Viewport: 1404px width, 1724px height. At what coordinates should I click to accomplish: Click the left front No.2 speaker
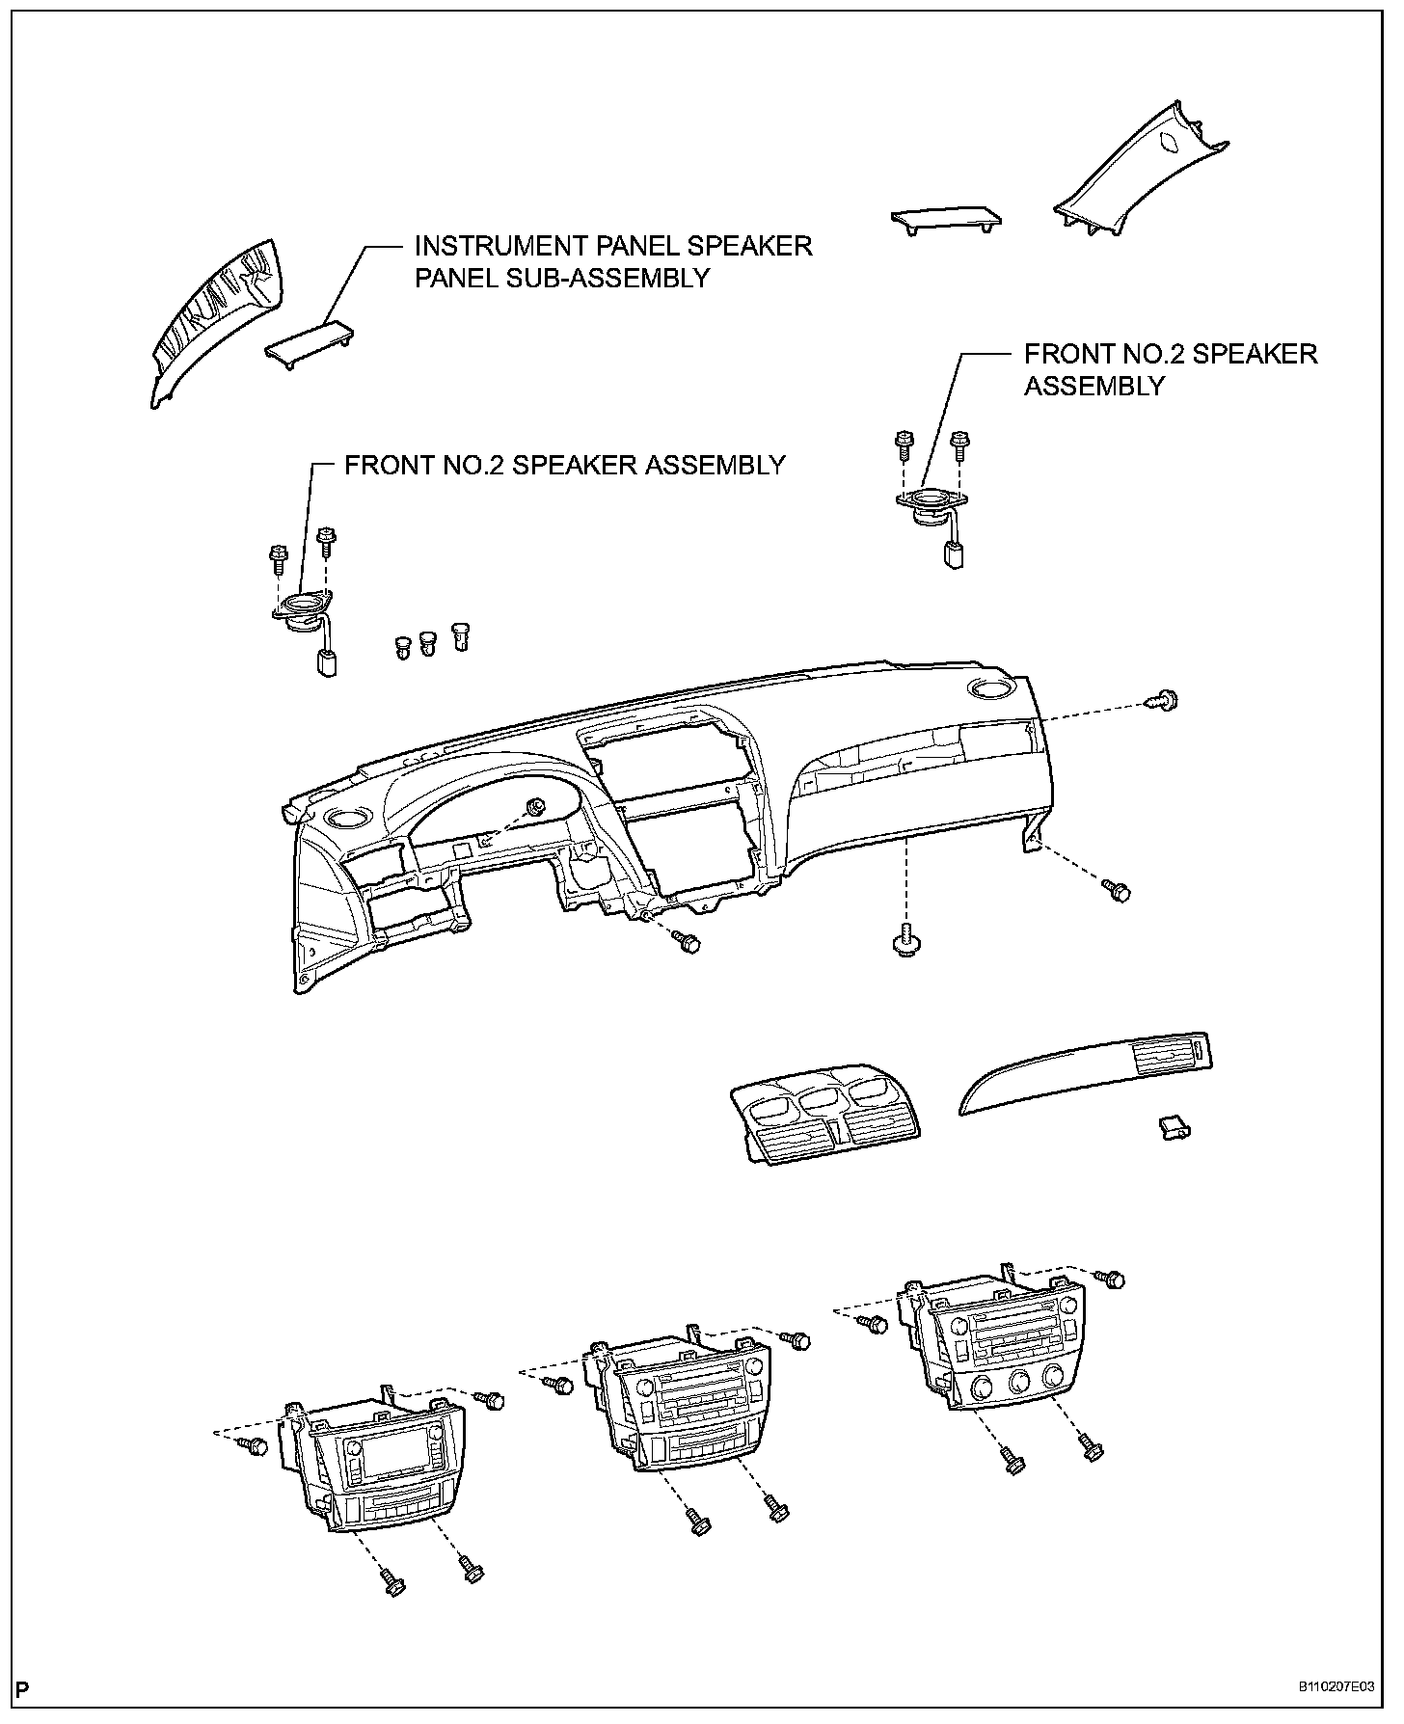pos(301,608)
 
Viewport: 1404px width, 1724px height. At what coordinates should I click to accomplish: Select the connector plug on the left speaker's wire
pos(327,663)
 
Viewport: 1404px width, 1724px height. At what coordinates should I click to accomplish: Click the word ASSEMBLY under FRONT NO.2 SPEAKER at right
pos(1093,387)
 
